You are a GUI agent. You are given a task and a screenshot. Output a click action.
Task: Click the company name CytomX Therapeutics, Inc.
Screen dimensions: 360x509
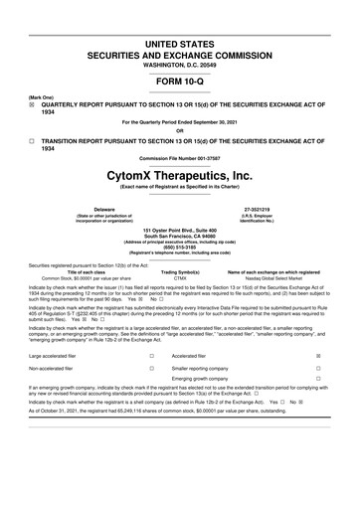(179, 175)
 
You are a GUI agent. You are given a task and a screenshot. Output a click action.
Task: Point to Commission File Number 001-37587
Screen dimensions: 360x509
(179, 159)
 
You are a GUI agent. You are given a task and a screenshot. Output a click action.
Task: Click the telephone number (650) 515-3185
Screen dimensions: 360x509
(179, 246)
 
